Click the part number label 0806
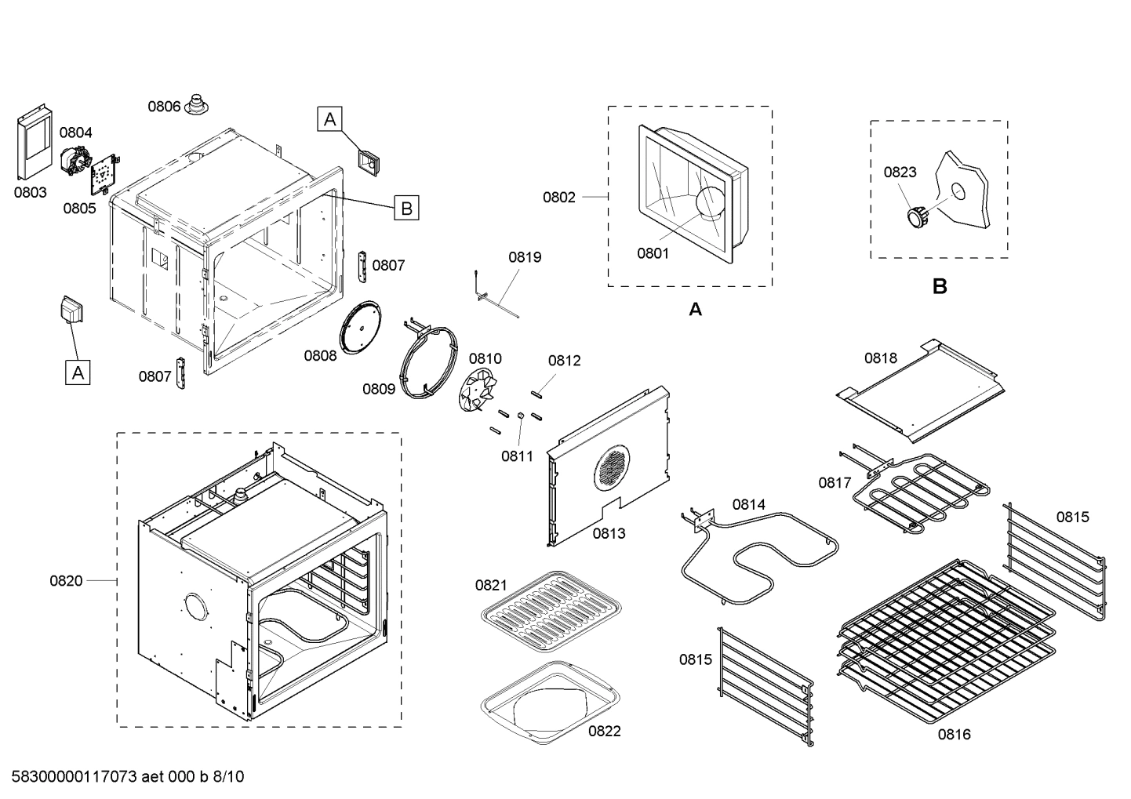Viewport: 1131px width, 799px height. tap(164, 107)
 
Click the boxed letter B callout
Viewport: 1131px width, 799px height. tap(406, 209)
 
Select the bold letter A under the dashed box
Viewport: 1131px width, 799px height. tap(695, 310)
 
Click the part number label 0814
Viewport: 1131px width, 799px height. tap(748, 504)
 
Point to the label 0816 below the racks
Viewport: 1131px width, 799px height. tap(954, 734)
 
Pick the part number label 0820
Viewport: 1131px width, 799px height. tap(66, 581)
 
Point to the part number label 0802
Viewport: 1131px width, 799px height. tap(558, 198)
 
